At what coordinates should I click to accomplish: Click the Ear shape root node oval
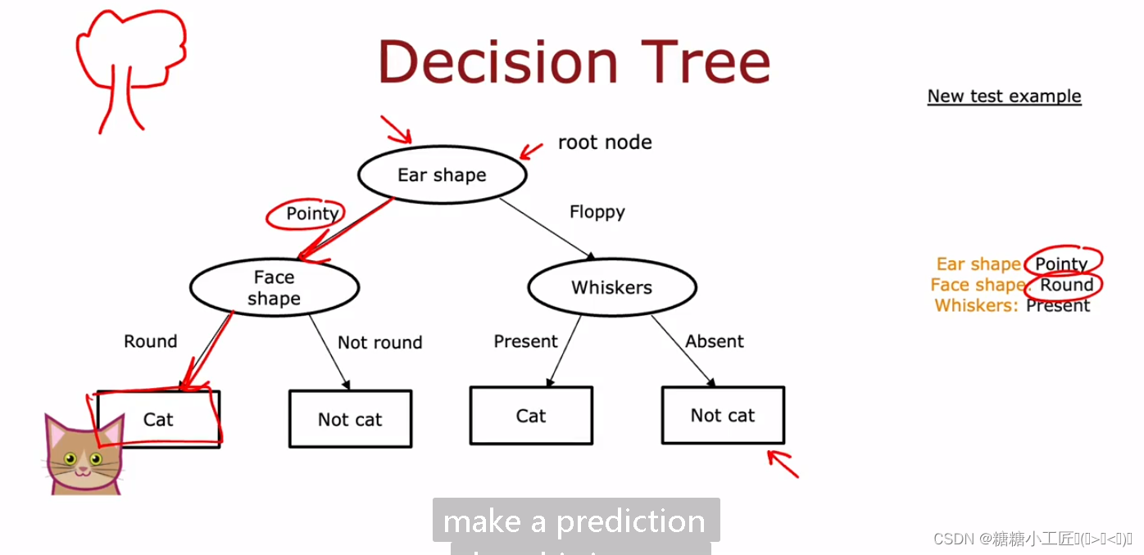442,175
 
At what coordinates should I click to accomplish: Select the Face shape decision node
274,287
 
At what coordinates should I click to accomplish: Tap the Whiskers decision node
611,287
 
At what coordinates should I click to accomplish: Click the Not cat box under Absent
722,415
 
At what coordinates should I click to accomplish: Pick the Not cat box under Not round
350,419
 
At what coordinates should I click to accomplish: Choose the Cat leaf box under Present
530,416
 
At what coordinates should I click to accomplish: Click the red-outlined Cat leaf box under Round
159,419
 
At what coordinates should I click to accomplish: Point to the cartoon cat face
83,458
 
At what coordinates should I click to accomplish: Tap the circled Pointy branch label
311,214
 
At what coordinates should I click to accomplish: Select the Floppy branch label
597,212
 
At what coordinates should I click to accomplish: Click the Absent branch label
714,341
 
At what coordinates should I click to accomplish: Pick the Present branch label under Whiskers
525,341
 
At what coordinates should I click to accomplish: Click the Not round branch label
379,342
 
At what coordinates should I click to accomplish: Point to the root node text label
605,142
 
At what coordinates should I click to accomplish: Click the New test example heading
1004,96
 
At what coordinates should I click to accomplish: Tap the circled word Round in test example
1066,285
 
